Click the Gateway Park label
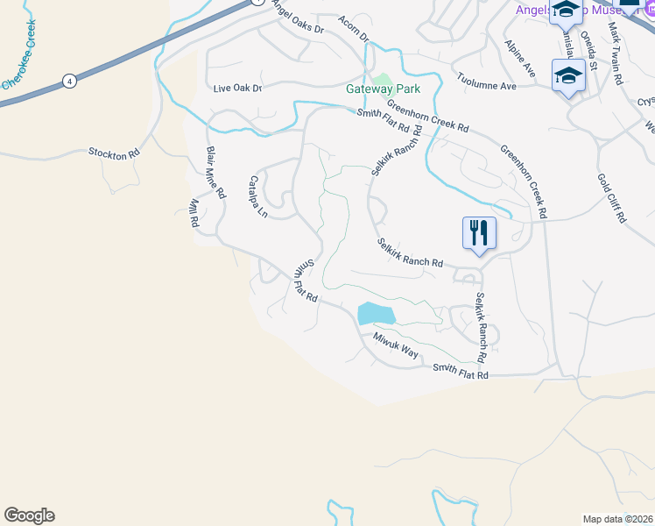[x=383, y=89]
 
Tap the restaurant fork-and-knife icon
[x=479, y=233]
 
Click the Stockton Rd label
[x=114, y=153]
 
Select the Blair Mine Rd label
[x=215, y=172]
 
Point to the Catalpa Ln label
[x=257, y=196]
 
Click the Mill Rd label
[x=194, y=212]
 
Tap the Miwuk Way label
[x=396, y=345]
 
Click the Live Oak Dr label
[x=238, y=89]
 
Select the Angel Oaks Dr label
[x=298, y=18]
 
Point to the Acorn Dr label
[x=354, y=28]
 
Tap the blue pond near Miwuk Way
[x=376, y=313]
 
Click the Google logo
[x=29, y=515]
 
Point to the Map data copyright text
[x=618, y=519]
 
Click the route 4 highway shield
[x=68, y=82]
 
